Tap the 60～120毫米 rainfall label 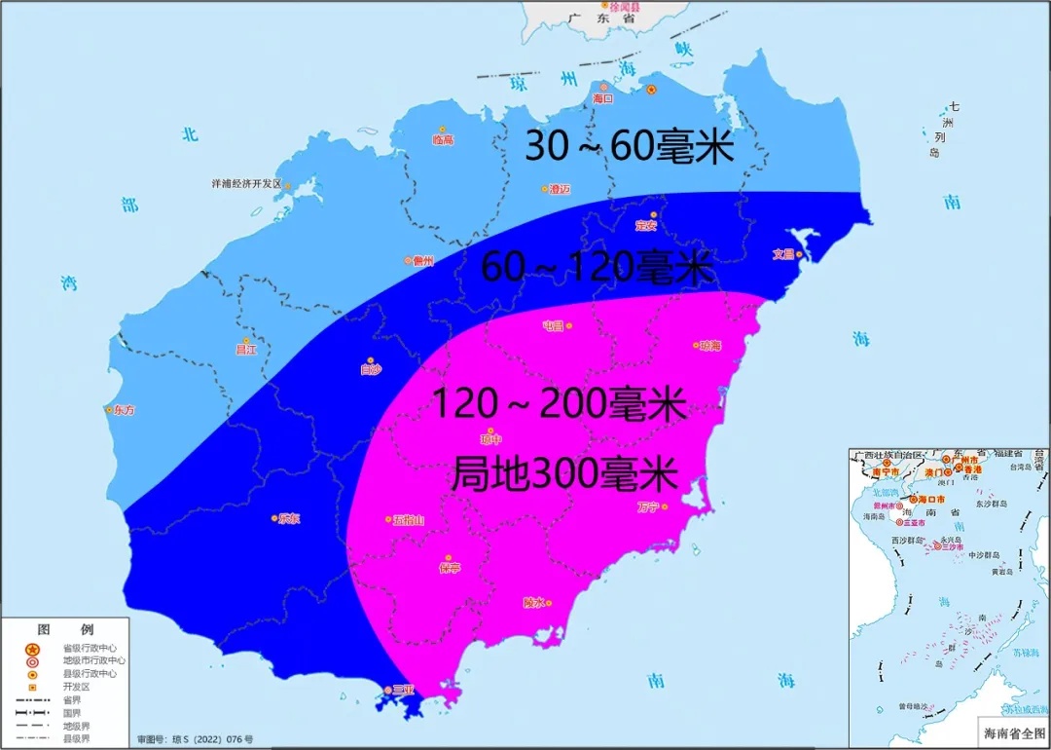tap(598, 267)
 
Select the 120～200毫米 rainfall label tap(559, 403)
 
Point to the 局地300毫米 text tap(564, 474)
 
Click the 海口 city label tap(603, 99)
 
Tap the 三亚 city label tap(403, 690)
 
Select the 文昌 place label tap(783, 254)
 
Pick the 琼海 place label tap(709, 346)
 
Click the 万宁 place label tap(649, 506)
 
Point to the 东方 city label tap(124, 410)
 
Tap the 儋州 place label tap(422, 260)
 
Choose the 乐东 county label tap(289, 518)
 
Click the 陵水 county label tap(533, 602)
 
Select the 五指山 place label tap(409, 520)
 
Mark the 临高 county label tap(443, 140)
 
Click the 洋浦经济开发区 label tap(246, 183)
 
